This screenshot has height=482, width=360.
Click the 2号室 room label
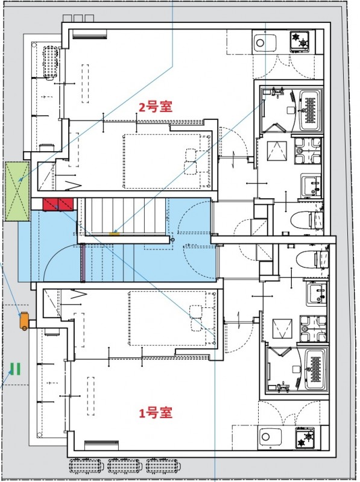click(x=156, y=107)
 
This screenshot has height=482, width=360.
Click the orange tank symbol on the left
click(x=24, y=321)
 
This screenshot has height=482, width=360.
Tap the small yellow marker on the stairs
click(x=113, y=233)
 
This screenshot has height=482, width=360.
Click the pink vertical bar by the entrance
click(x=81, y=263)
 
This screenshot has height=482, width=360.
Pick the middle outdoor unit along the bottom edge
click(x=125, y=466)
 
